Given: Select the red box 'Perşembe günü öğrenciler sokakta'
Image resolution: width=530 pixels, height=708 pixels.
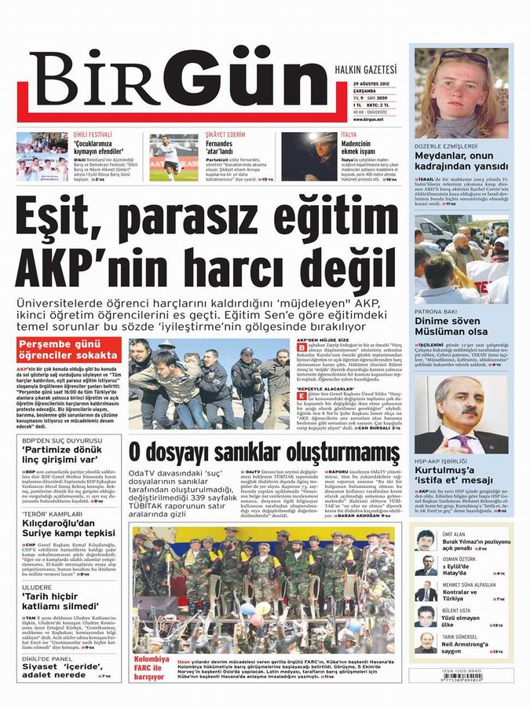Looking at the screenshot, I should (64, 349).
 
